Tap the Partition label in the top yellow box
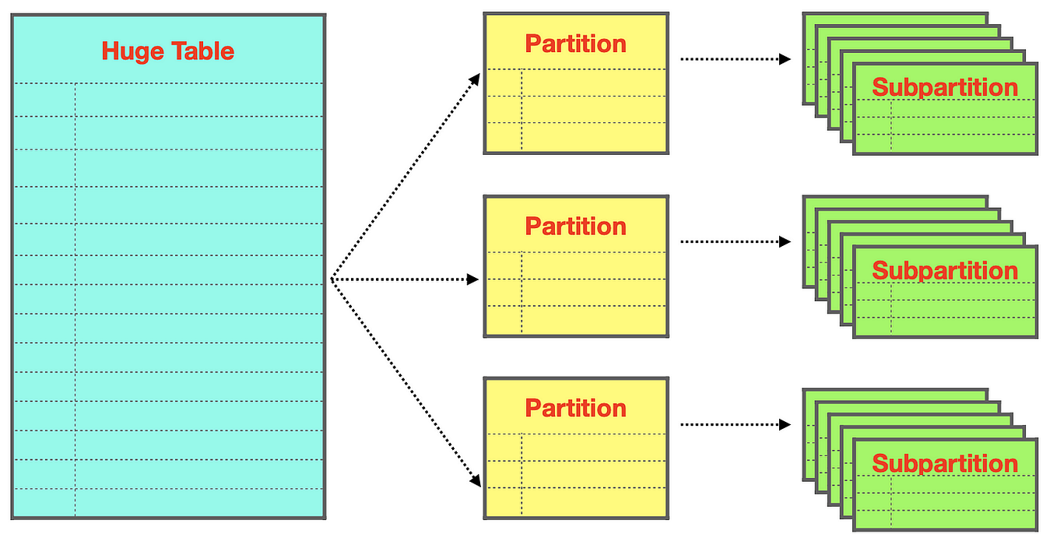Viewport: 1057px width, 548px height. point(575,44)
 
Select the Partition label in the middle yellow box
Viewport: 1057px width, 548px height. point(575,227)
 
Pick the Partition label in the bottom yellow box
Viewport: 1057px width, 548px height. point(575,408)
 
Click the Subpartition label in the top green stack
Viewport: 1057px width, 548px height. point(944,87)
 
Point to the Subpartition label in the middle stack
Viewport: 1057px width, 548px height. point(944,271)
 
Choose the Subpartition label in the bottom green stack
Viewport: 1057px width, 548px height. point(944,463)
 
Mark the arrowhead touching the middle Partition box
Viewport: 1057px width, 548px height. point(472,279)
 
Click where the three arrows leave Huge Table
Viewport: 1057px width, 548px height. point(332,279)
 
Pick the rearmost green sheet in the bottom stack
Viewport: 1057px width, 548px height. point(895,395)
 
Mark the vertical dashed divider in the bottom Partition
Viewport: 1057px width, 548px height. point(521,475)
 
